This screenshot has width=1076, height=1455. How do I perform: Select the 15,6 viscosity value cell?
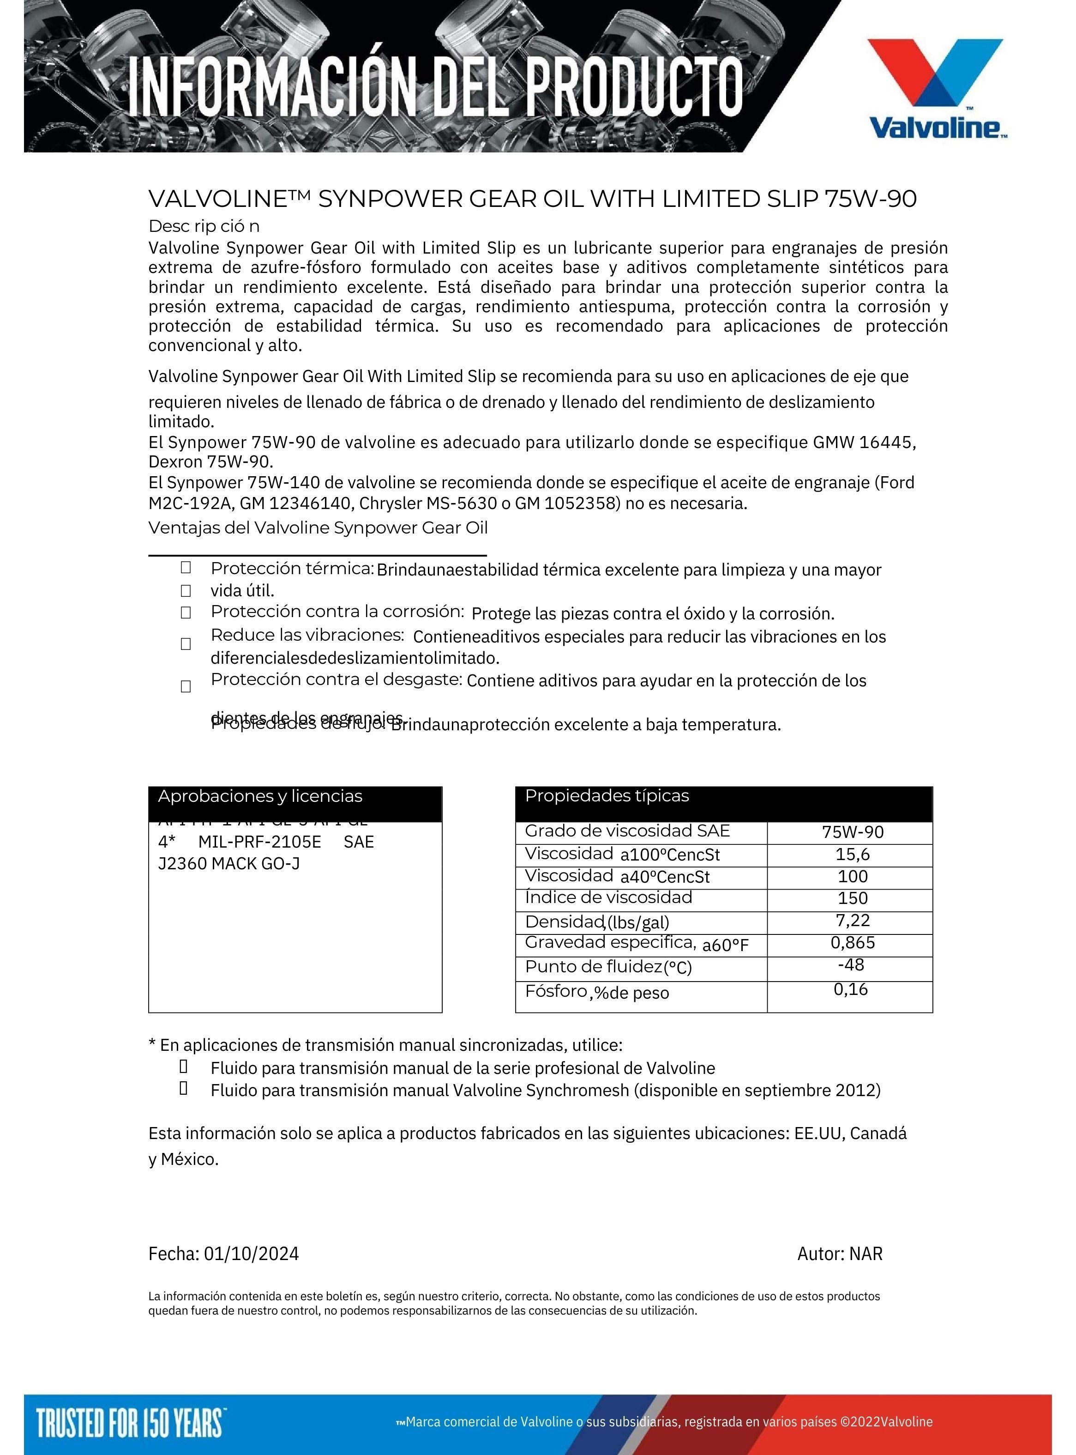click(853, 854)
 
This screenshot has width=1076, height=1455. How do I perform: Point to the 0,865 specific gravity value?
click(853, 942)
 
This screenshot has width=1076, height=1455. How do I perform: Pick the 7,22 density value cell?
click(853, 920)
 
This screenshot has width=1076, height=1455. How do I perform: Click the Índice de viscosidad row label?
click(608, 897)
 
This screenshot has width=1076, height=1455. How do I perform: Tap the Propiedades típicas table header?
click(607, 795)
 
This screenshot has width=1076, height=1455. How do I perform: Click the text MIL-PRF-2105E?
click(259, 842)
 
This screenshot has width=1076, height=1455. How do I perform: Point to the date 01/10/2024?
click(252, 1254)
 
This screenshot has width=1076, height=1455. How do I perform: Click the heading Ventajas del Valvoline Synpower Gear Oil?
click(318, 528)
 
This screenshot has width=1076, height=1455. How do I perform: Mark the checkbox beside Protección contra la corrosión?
click(186, 612)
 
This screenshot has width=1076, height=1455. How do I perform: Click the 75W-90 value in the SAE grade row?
click(853, 832)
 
